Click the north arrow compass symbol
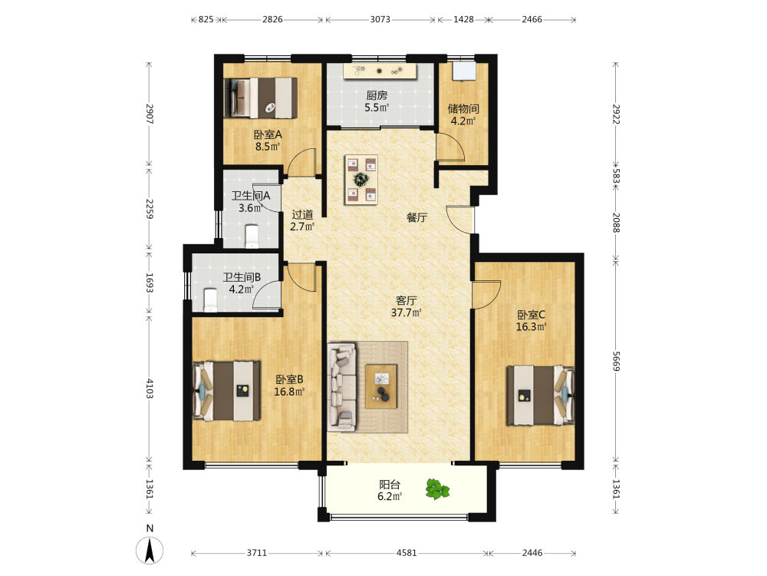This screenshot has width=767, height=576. tap(150, 550)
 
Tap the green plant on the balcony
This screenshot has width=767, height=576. tap(437, 488)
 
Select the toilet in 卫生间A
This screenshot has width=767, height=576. tap(252, 236)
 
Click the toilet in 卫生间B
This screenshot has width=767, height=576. tap(210, 300)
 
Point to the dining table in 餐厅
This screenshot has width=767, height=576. tap(361, 179)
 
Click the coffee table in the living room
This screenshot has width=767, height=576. tap(381, 386)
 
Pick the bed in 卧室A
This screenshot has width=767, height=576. tap(261, 98)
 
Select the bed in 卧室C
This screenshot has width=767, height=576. tap(540, 396)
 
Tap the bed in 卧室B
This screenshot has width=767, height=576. tap(226, 391)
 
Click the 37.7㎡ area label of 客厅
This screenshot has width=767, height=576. tap(406, 313)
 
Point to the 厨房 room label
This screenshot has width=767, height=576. tap(377, 95)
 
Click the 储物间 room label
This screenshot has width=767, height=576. tap(463, 108)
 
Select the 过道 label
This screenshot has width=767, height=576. tap(302, 214)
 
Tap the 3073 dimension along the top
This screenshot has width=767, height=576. tap(380, 20)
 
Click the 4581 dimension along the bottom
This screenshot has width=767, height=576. tap(407, 553)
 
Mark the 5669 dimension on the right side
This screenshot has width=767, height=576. tap(617, 361)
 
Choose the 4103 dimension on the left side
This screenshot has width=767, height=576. tap(150, 389)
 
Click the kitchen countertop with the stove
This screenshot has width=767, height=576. tap(380, 71)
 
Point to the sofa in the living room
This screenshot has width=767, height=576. tap(342, 387)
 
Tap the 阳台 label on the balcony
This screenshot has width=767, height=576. tap(390, 485)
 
